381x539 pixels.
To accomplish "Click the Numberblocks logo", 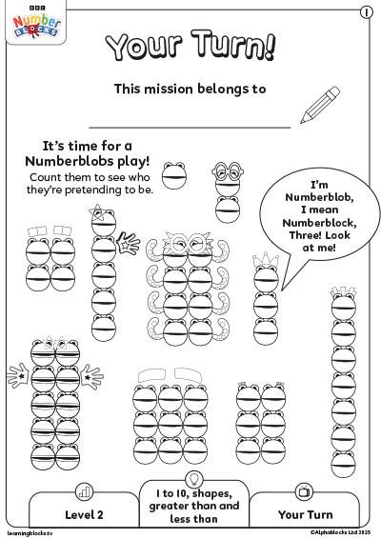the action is [36, 24].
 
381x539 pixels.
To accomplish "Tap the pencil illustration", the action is [320, 105].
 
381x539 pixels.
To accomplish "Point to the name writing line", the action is [190, 128].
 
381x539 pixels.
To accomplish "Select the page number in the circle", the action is [366, 12].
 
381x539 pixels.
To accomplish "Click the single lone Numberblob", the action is [174, 175].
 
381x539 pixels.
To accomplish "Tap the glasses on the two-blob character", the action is [228, 170].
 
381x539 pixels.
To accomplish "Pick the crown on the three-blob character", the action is [265, 260].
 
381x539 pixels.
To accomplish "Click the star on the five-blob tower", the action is [97, 212].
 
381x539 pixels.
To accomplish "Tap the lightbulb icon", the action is [194, 478].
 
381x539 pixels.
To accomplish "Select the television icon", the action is [304, 491].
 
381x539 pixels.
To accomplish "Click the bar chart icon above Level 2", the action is [84, 492].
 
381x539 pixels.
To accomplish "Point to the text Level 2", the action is [84, 514].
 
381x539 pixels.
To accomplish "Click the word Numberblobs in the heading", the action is [70, 161].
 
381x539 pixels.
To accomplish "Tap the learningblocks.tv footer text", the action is [30, 533].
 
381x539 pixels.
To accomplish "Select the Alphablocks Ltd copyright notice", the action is [340, 532].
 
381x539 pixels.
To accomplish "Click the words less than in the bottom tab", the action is [193, 518].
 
